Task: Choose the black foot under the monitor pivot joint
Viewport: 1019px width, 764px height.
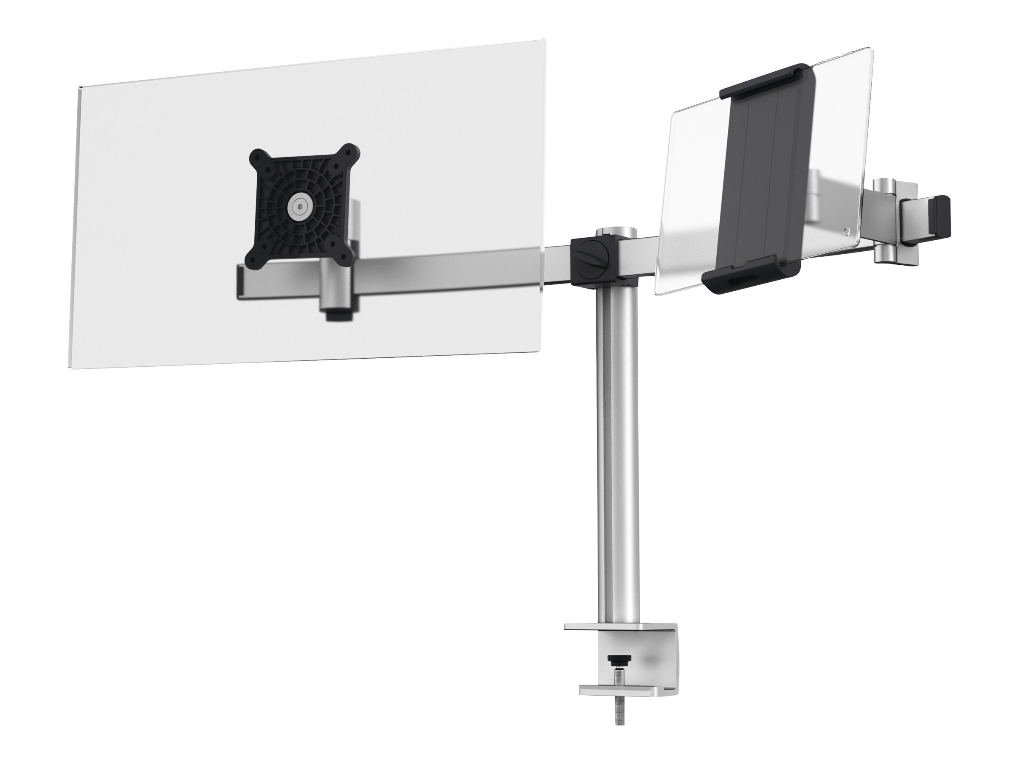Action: pos(336,317)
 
